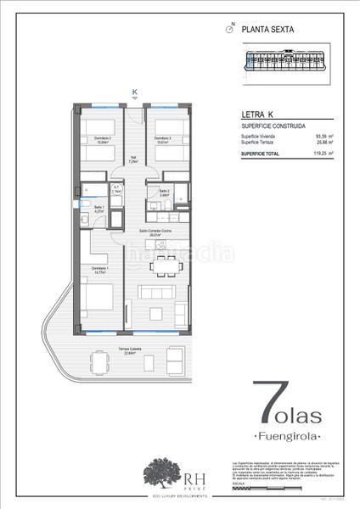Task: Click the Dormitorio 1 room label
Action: tap(100, 271)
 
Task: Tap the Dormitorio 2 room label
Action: tap(101, 140)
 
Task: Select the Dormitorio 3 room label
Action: tap(163, 140)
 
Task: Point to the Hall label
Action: tap(132, 159)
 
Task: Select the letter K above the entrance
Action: tap(133, 92)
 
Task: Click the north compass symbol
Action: tap(229, 29)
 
